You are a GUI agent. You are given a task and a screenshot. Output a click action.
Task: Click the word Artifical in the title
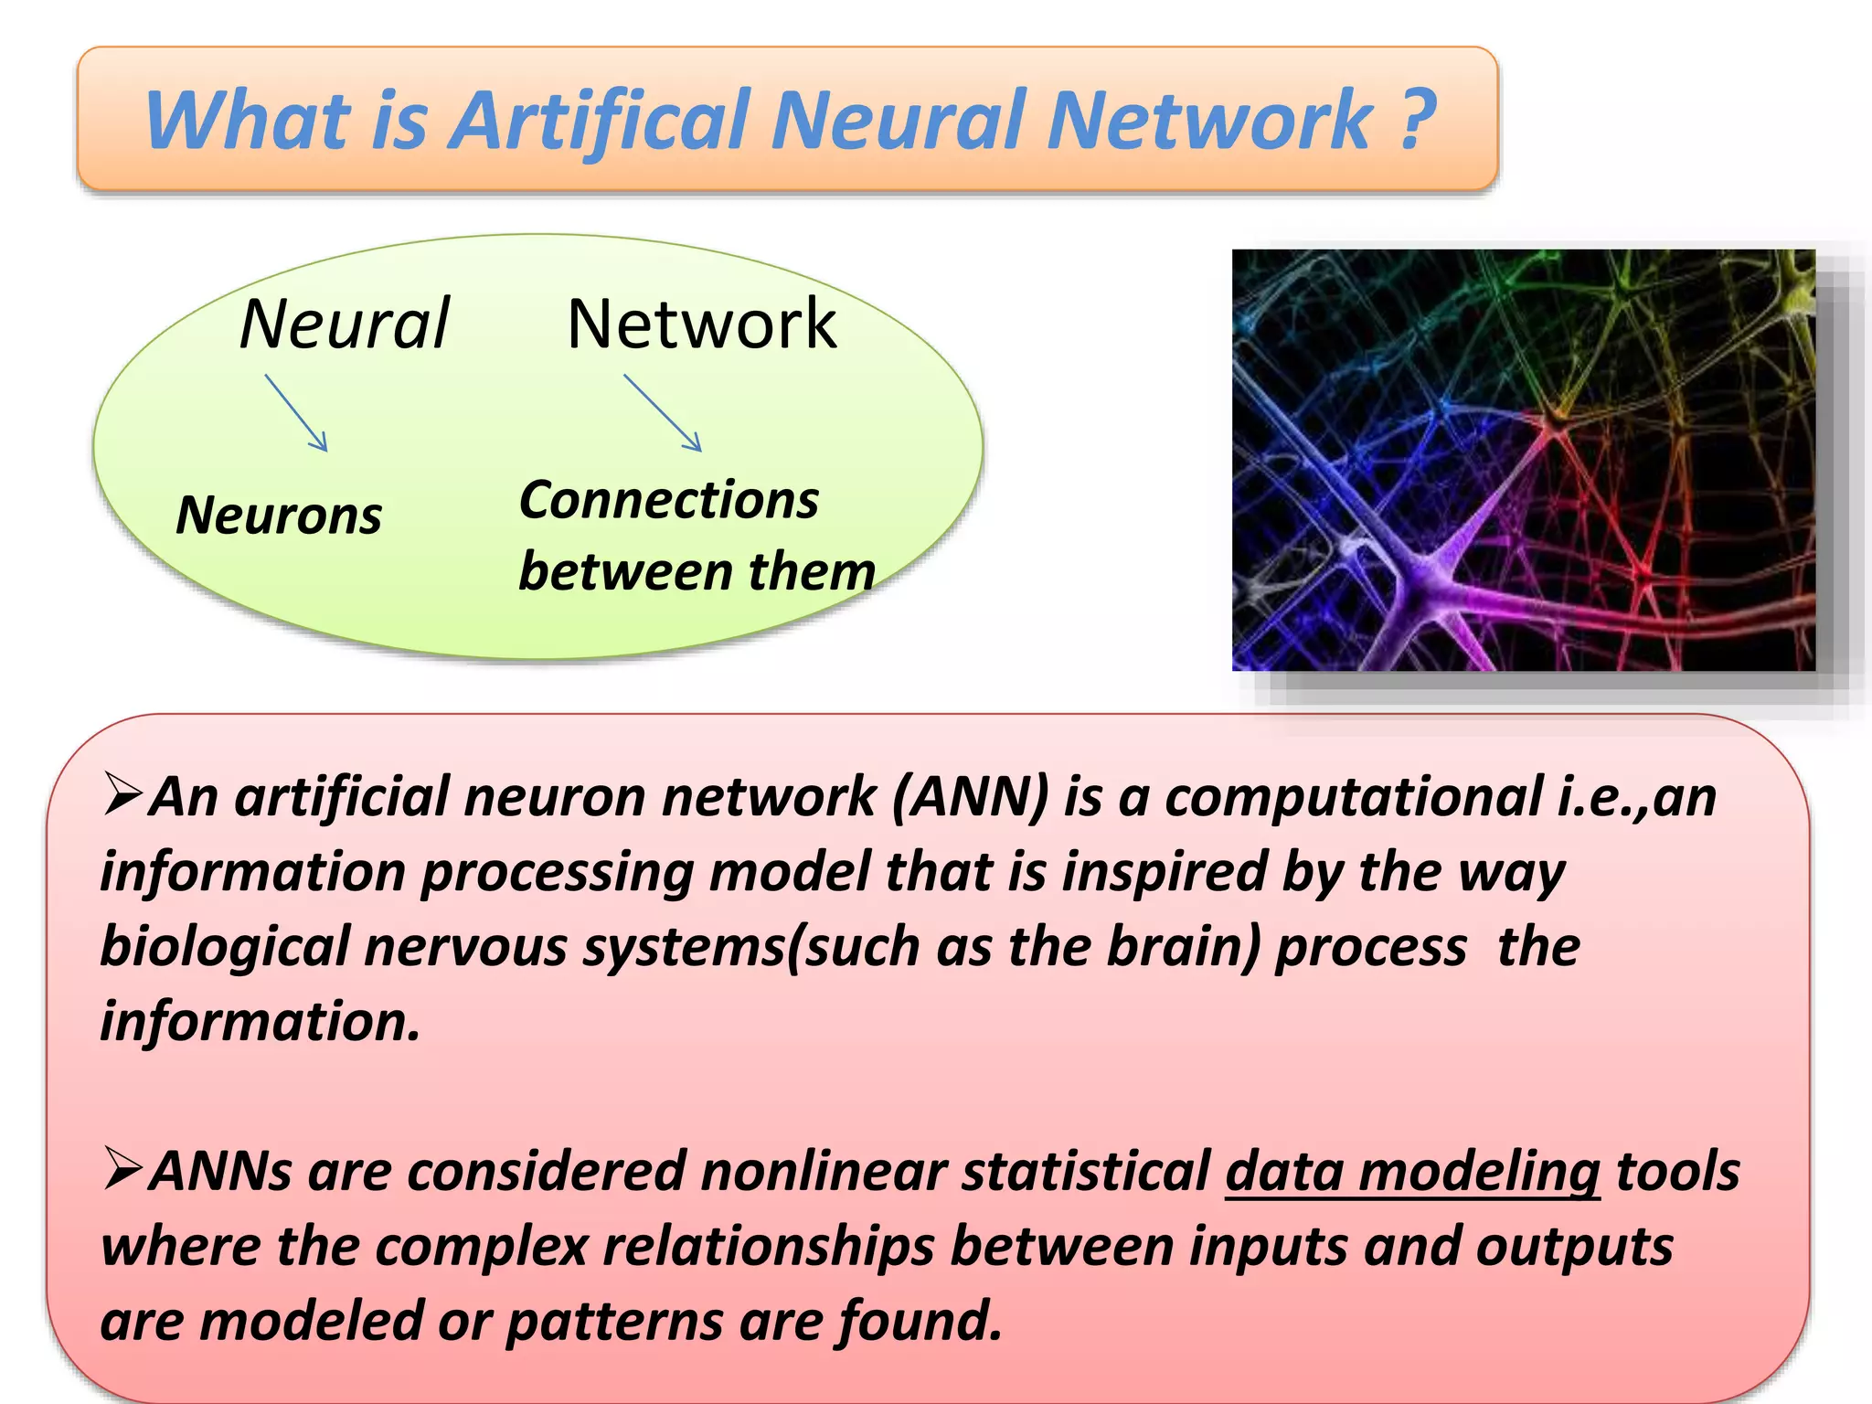coord(602,121)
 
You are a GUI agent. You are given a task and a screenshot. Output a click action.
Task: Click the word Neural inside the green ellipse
coord(345,324)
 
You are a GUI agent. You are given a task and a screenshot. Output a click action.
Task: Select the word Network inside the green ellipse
coord(701,324)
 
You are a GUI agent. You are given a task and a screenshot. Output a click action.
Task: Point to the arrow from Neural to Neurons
coord(296,412)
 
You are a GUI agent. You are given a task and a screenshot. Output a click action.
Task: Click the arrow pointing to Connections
coord(664,412)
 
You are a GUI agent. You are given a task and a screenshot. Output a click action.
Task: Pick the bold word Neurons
coord(279,516)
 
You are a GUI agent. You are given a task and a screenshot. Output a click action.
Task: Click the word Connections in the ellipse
coord(668,501)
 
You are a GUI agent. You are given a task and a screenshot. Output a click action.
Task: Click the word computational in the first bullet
coord(1353,797)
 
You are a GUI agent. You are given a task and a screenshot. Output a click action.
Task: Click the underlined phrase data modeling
coord(1412,1172)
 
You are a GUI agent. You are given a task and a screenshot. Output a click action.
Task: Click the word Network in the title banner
coord(1210,121)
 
